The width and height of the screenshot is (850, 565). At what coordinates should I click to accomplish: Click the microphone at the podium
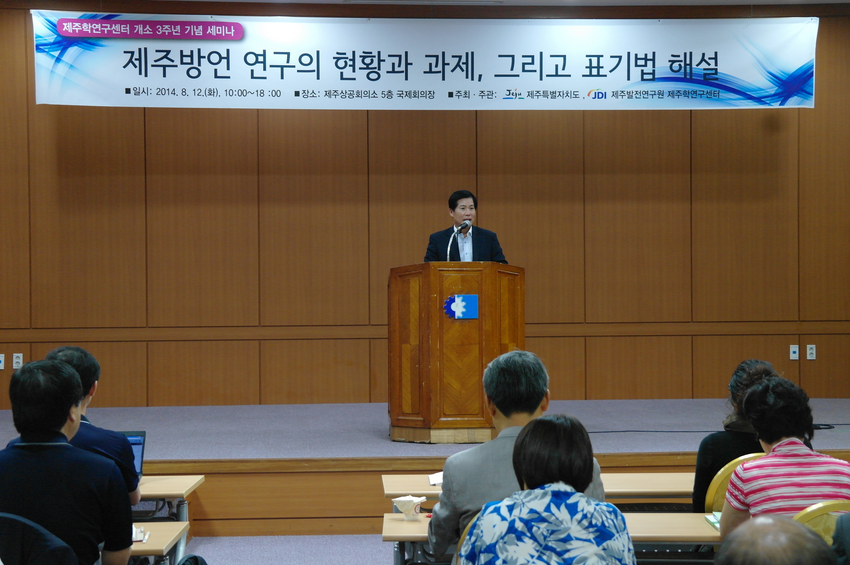point(464,225)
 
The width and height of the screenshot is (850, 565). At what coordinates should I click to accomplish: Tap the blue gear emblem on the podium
point(461,307)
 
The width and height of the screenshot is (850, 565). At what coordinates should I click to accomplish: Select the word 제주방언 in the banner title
point(176,64)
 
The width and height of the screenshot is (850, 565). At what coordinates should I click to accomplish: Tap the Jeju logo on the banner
point(513,94)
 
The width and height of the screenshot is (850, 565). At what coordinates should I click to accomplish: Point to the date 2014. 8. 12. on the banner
point(179,93)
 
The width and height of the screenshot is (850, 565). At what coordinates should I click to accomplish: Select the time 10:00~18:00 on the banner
point(252,93)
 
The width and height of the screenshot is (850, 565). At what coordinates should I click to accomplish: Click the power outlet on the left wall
point(18,361)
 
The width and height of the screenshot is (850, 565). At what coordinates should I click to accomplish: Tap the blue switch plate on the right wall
point(794,352)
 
